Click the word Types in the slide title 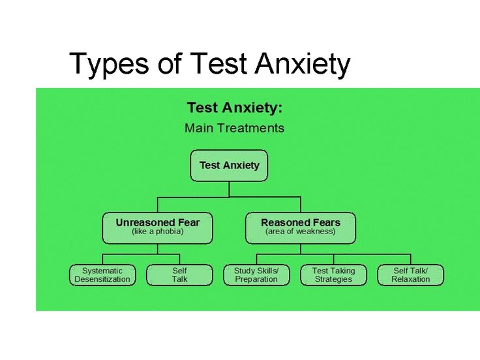pyautogui.click(x=110, y=65)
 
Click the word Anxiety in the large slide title pyautogui.click(x=303, y=65)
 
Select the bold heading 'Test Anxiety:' pyautogui.click(x=235, y=108)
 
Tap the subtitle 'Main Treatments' pyautogui.click(x=235, y=128)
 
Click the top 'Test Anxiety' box pyautogui.click(x=229, y=166)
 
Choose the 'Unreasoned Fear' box pyautogui.click(x=158, y=228)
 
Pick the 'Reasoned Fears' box pyautogui.click(x=301, y=228)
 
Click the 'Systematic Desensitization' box pyautogui.click(x=102, y=275)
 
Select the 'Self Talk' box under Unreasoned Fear pyautogui.click(x=179, y=275)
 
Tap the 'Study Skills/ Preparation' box pyautogui.click(x=256, y=275)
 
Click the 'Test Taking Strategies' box pyautogui.click(x=334, y=275)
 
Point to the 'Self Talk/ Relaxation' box pyautogui.click(x=410, y=275)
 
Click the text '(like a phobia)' pyautogui.click(x=158, y=232)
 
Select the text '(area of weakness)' pyautogui.click(x=301, y=232)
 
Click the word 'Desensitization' pyautogui.click(x=102, y=279)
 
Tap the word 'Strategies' pyautogui.click(x=334, y=279)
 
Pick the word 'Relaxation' pyautogui.click(x=410, y=279)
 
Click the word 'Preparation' pyautogui.click(x=256, y=279)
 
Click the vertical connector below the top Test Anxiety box pyautogui.click(x=229, y=189)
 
